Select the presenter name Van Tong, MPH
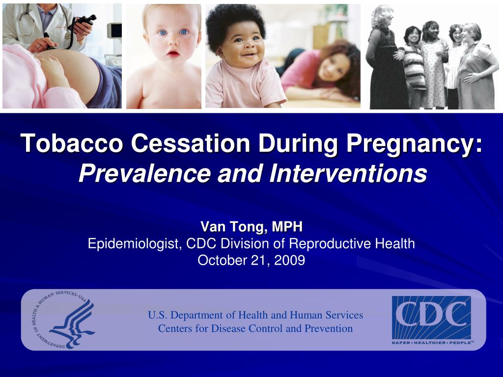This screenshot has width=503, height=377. pos(251,226)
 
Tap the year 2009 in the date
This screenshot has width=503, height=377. pos(289,260)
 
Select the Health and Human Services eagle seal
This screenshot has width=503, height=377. pos(67,319)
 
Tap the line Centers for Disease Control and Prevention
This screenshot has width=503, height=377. pos(255,328)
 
